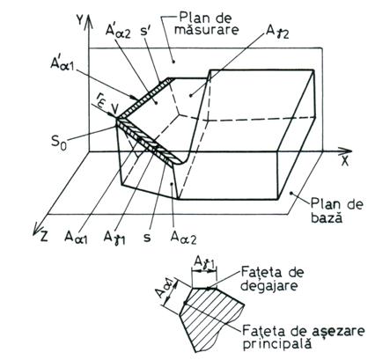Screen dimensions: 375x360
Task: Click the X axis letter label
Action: point(345,162)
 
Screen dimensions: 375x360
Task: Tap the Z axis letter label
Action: point(44,236)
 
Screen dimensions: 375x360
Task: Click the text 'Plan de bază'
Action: point(336,211)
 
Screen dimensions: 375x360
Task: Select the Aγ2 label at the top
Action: point(277,32)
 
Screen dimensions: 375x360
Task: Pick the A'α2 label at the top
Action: point(118,30)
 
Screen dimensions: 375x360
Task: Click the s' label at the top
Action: point(146,30)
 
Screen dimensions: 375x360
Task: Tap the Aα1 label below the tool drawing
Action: point(77,237)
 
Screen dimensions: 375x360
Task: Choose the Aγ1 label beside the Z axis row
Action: point(114,237)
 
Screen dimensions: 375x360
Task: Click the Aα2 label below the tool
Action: point(183,237)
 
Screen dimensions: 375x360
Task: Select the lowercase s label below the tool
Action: point(147,237)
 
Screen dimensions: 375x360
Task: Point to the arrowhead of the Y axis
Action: point(89,19)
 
